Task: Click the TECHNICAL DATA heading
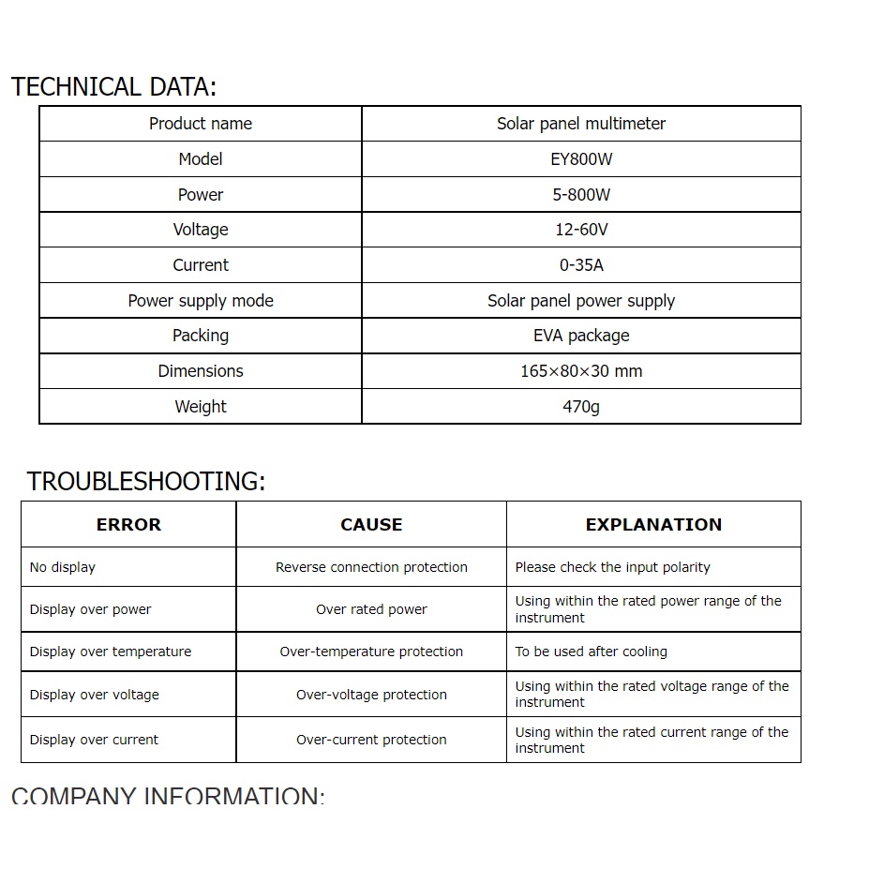pyautogui.click(x=113, y=87)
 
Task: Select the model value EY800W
pyautogui.click(x=581, y=159)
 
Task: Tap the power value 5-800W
pyautogui.click(x=581, y=195)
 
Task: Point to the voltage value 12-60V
pyautogui.click(x=581, y=230)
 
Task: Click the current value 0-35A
pyautogui.click(x=581, y=265)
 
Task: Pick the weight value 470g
pyautogui.click(x=581, y=407)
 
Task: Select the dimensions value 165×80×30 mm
pyautogui.click(x=581, y=371)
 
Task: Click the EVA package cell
pyautogui.click(x=581, y=336)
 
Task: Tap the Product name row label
pyautogui.click(x=201, y=124)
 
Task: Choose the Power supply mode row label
pyautogui.click(x=201, y=301)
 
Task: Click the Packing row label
pyautogui.click(x=201, y=336)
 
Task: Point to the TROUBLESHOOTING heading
pyautogui.click(x=146, y=482)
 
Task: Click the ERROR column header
pyautogui.click(x=128, y=525)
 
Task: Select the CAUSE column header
pyautogui.click(x=371, y=525)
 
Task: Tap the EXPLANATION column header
pyautogui.click(x=653, y=525)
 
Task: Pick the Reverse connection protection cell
pyautogui.click(x=371, y=567)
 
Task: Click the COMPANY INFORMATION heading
pyautogui.click(x=168, y=797)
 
